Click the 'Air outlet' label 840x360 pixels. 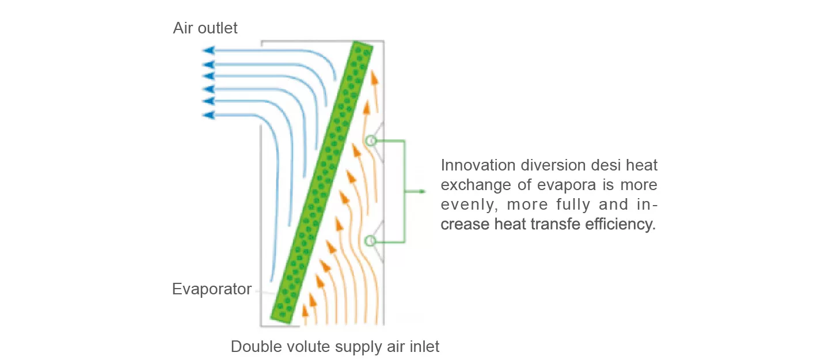pos(205,28)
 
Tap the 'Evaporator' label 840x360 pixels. pos(212,289)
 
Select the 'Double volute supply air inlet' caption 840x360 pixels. pos(335,347)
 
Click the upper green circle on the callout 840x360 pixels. pos(371,141)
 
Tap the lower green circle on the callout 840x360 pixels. pos(371,241)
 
